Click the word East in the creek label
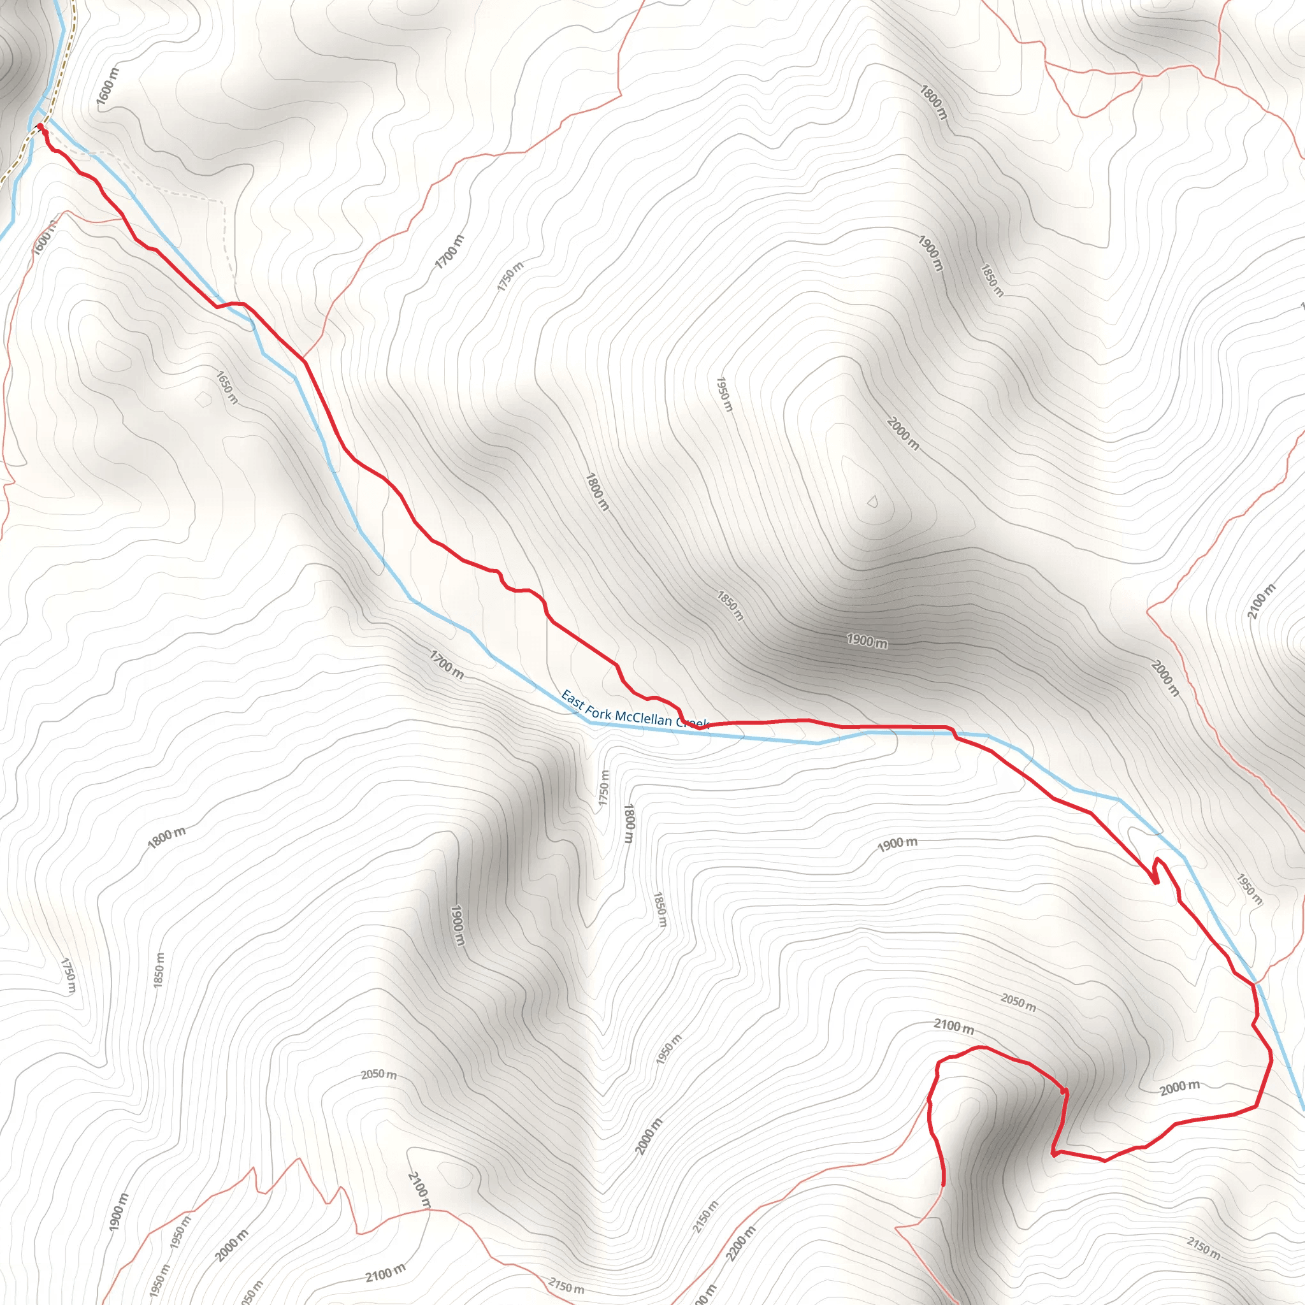pos(572,700)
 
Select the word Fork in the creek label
pos(598,710)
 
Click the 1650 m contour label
pos(227,387)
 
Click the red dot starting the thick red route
pos(40,126)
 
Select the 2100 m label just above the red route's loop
pos(954,1026)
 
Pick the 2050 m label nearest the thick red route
pos(1018,1002)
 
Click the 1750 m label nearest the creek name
pos(604,788)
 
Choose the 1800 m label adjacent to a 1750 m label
pos(629,823)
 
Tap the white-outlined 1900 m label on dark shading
pos(867,640)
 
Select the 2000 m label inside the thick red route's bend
pos(1180,1088)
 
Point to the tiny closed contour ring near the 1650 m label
pos(203,400)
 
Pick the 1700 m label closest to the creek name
pos(447,664)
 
